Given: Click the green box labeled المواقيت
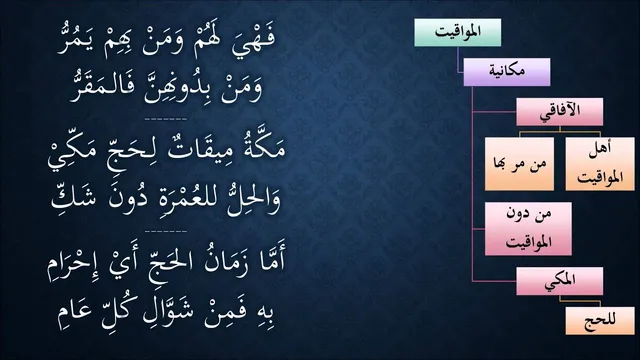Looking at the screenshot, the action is pyautogui.click(x=458, y=32).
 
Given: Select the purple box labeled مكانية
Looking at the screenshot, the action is pyautogui.click(x=507, y=72).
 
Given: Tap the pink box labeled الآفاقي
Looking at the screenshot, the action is pyautogui.click(x=559, y=111).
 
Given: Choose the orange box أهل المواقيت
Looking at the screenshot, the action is pyautogui.click(x=600, y=164).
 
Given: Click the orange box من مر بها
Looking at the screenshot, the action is pyautogui.click(x=519, y=164).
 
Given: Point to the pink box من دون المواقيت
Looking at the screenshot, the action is pyautogui.click(x=528, y=229).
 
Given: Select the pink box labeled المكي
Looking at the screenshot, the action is pyautogui.click(x=559, y=281).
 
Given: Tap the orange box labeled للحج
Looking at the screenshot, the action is pyautogui.click(x=600, y=321).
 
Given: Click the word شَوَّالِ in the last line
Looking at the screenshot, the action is pyautogui.click(x=160, y=314).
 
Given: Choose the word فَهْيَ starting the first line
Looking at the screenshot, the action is pyautogui.click(x=253, y=42).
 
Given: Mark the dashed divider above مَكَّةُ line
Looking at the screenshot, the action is pyautogui.click(x=166, y=119).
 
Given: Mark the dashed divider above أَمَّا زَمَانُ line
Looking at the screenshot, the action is pyautogui.click(x=166, y=231).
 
